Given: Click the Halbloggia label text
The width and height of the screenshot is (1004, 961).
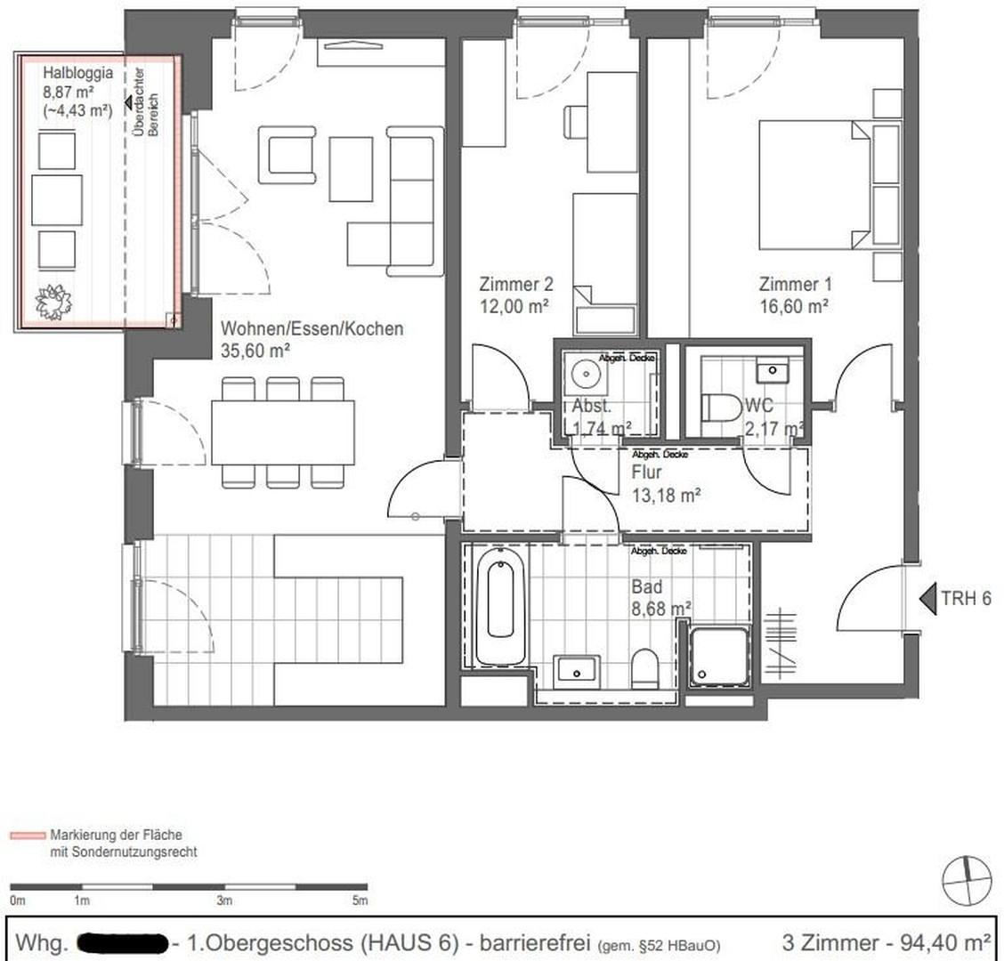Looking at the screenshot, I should click(77, 74).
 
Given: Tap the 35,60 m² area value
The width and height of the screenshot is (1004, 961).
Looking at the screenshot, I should click(256, 351).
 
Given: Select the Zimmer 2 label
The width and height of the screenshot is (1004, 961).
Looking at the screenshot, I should click(516, 285).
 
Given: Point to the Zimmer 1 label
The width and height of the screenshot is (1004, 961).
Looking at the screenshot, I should click(795, 285).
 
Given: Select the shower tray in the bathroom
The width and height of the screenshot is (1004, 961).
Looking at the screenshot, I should click(719, 658).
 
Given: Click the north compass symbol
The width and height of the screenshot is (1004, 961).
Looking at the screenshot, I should click(967, 881).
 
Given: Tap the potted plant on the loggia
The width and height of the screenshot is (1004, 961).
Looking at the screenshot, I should click(53, 302).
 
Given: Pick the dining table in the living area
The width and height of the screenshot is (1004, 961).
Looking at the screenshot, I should click(282, 432).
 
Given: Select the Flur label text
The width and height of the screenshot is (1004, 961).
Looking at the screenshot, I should click(646, 472).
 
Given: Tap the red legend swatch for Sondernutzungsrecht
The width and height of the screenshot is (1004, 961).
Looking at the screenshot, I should click(27, 836).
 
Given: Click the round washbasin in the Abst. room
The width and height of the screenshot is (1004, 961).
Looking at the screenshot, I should click(587, 374).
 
